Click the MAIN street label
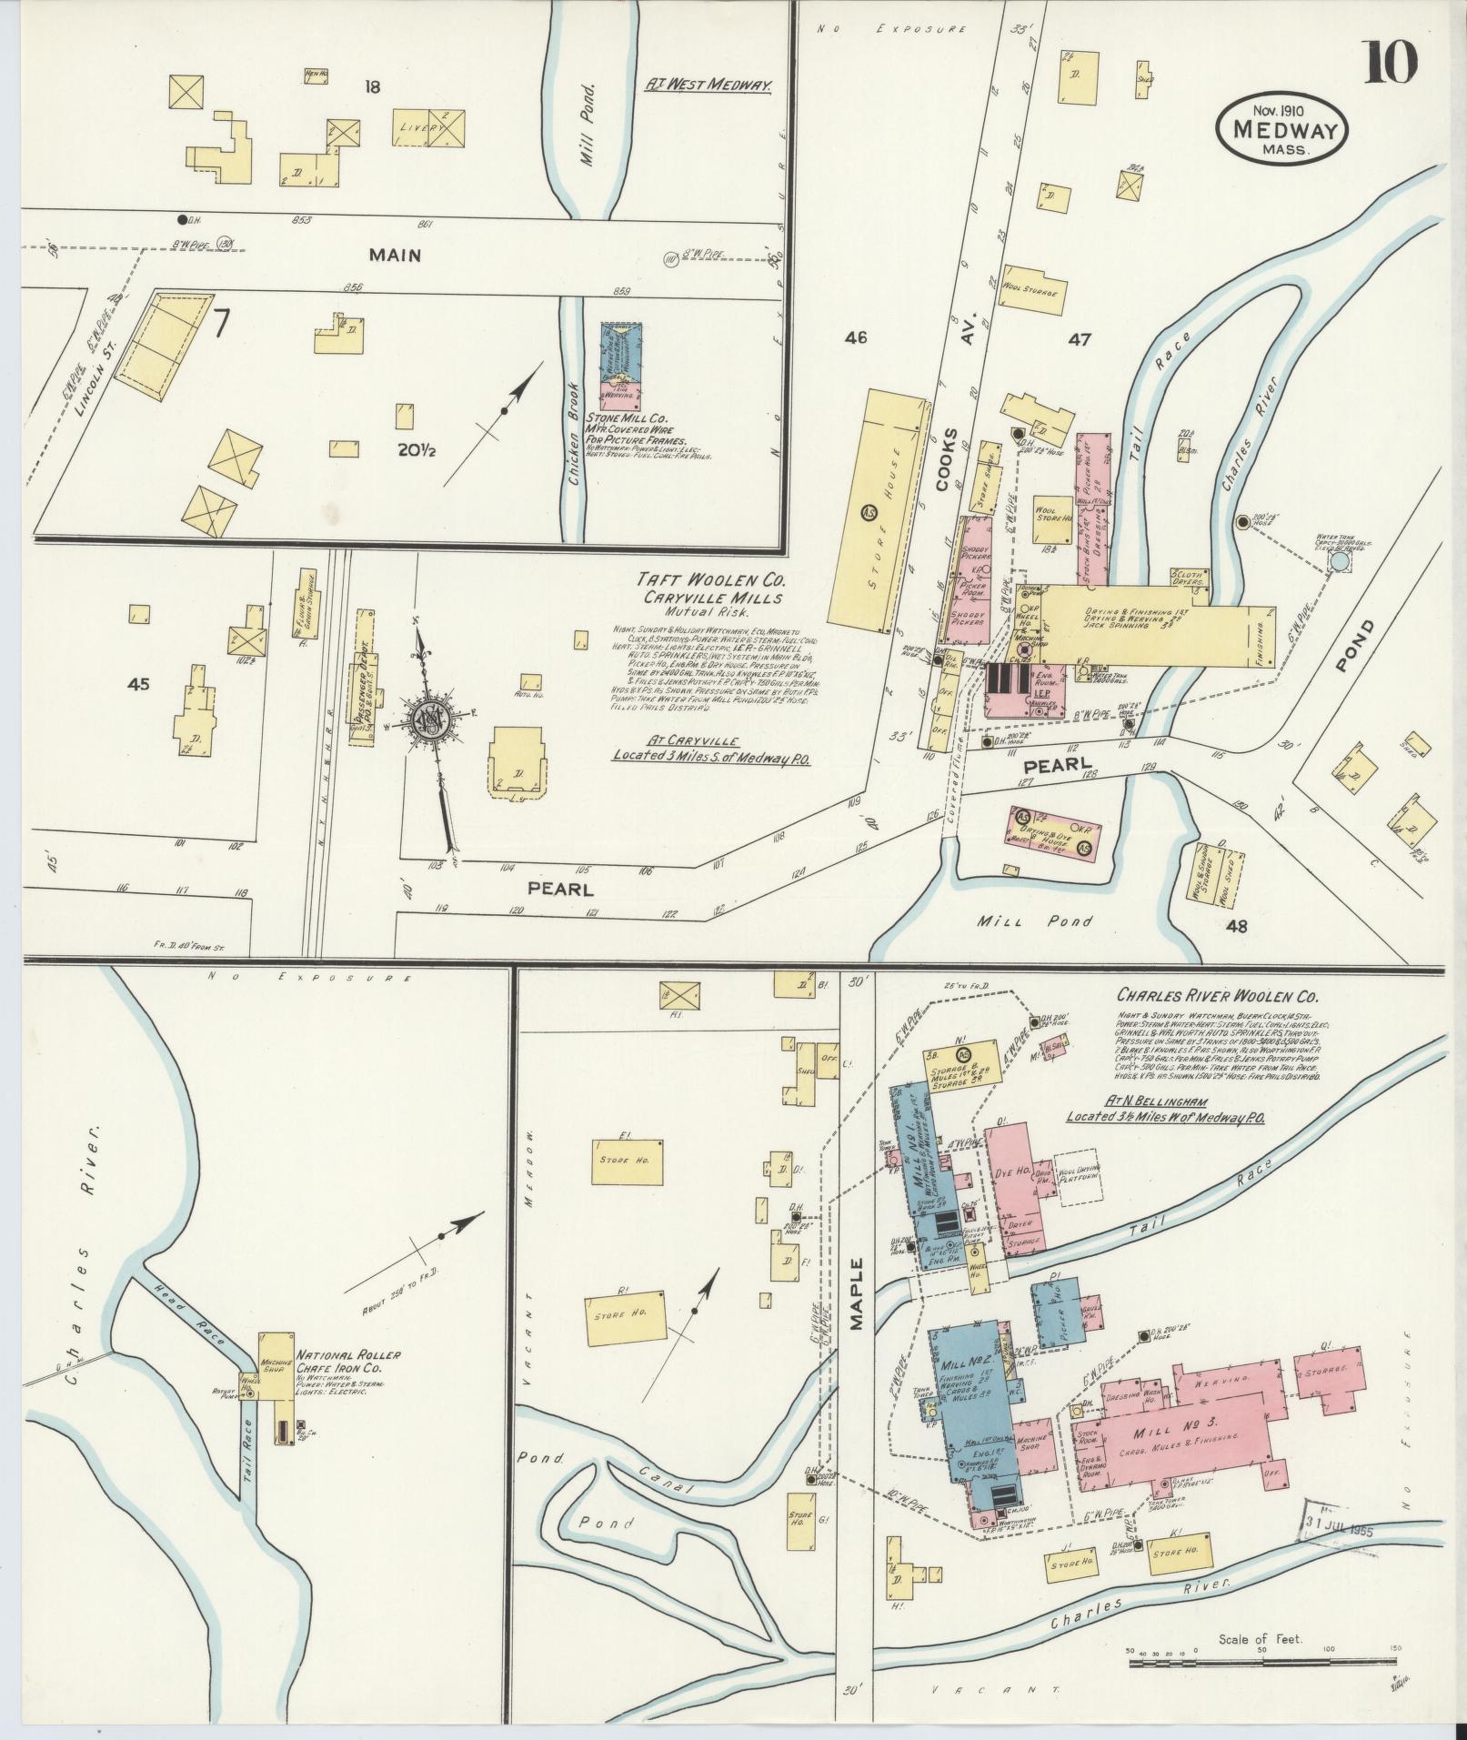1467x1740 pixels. coord(395,256)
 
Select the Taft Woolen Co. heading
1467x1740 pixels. coord(712,579)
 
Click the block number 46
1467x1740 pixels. coord(855,338)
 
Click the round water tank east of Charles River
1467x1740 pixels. coord(1339,563)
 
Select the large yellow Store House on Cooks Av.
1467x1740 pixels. coord(877,511)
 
